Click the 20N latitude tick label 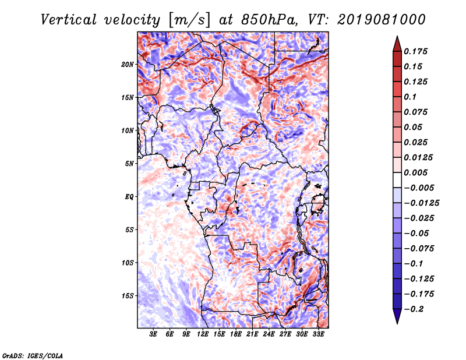point(128,65)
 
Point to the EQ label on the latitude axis point(129,197)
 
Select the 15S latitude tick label point(128,296)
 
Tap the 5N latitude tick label point(129,164)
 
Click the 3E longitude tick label point(153,334)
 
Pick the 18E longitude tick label point(236,334)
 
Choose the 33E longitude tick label point(318,334)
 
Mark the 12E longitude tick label point(203,334)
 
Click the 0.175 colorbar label point(415,51)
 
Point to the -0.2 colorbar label point(414,309)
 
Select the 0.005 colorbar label point(415,172)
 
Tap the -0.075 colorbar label point(419,249)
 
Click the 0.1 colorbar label point(410,97)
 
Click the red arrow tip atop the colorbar point(397,36)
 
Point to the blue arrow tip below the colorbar point(397,324)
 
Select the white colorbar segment point(397,180)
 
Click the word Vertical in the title point(68,20)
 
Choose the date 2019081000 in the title point(382,20)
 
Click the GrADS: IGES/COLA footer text point(33,356)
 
